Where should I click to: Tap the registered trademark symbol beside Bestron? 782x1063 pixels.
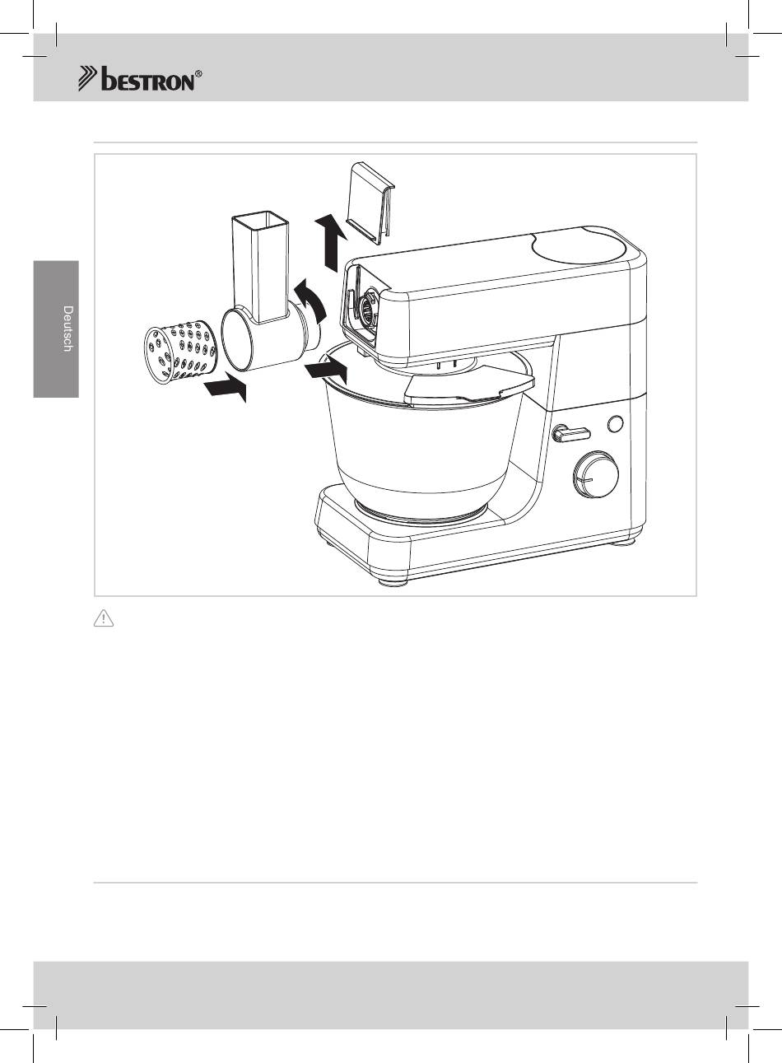[x=198, y=73]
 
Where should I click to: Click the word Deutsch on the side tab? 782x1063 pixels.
[x=68, y=329]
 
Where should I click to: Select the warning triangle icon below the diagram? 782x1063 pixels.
[x=104, y=619]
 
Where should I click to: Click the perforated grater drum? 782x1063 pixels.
[x=180, y=351]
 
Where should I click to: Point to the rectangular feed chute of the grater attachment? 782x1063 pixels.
[x=260, y=267]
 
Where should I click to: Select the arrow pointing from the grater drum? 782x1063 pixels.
[x=227, y=387]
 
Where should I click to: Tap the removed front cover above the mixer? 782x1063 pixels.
[x=371, y=203]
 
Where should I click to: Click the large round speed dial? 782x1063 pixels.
[x=595, y=475]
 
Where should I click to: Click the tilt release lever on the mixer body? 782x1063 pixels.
[x=570, y=433]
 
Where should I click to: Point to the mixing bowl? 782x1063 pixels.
[x=425, y=441]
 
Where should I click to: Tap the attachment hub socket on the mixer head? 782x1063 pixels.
[x=366, y=311]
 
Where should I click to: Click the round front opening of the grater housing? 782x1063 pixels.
[x=237, y=339]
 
